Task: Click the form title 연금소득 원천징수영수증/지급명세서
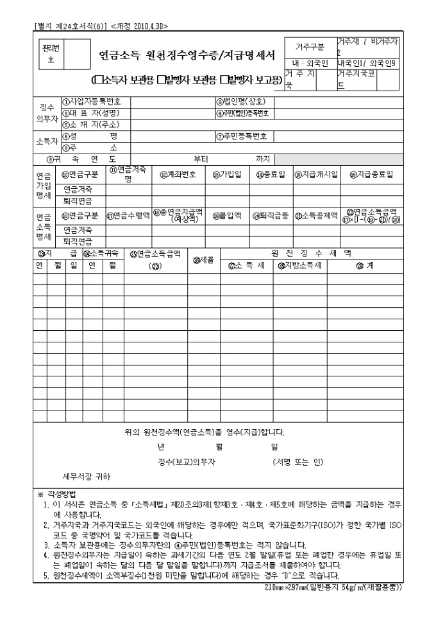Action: tap(181, 55)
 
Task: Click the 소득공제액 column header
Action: tap(315, 216)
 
